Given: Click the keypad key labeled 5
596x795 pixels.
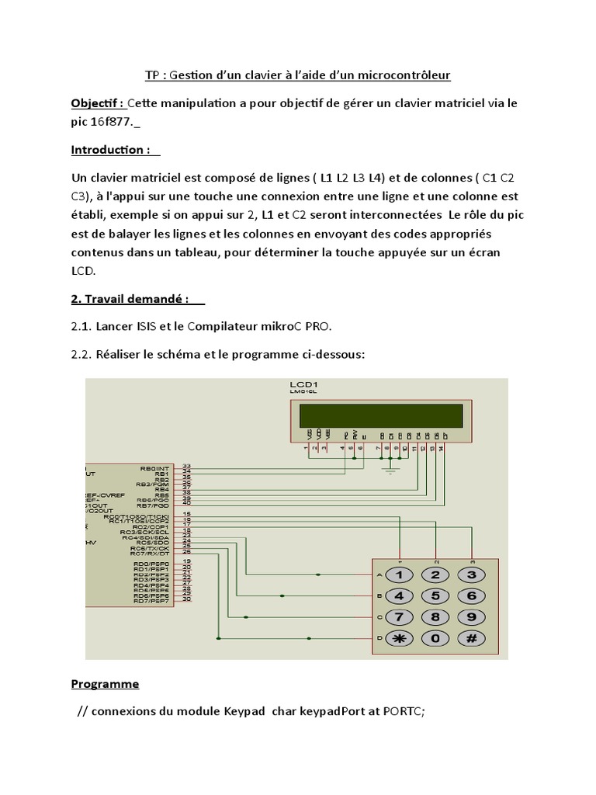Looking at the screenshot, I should [x=435, y=596].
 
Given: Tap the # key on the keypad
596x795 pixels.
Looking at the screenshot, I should [x=471, y=638].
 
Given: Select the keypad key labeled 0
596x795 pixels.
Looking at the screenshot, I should [x=435, y=638].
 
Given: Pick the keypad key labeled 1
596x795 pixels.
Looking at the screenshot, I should [x=400, y=575].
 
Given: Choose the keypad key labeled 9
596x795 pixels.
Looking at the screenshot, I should [x=471, y=617].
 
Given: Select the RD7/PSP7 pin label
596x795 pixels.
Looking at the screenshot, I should [x=151, y=601].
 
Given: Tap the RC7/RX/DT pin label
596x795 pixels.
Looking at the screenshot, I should [x=150, y=552].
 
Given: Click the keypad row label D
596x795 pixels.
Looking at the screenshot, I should [x=379, y=638].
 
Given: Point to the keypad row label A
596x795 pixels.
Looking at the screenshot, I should [x=379, y=575].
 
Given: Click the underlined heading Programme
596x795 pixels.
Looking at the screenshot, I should [x=105, y=684].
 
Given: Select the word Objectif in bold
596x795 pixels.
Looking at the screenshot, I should [x=96, y=103].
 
